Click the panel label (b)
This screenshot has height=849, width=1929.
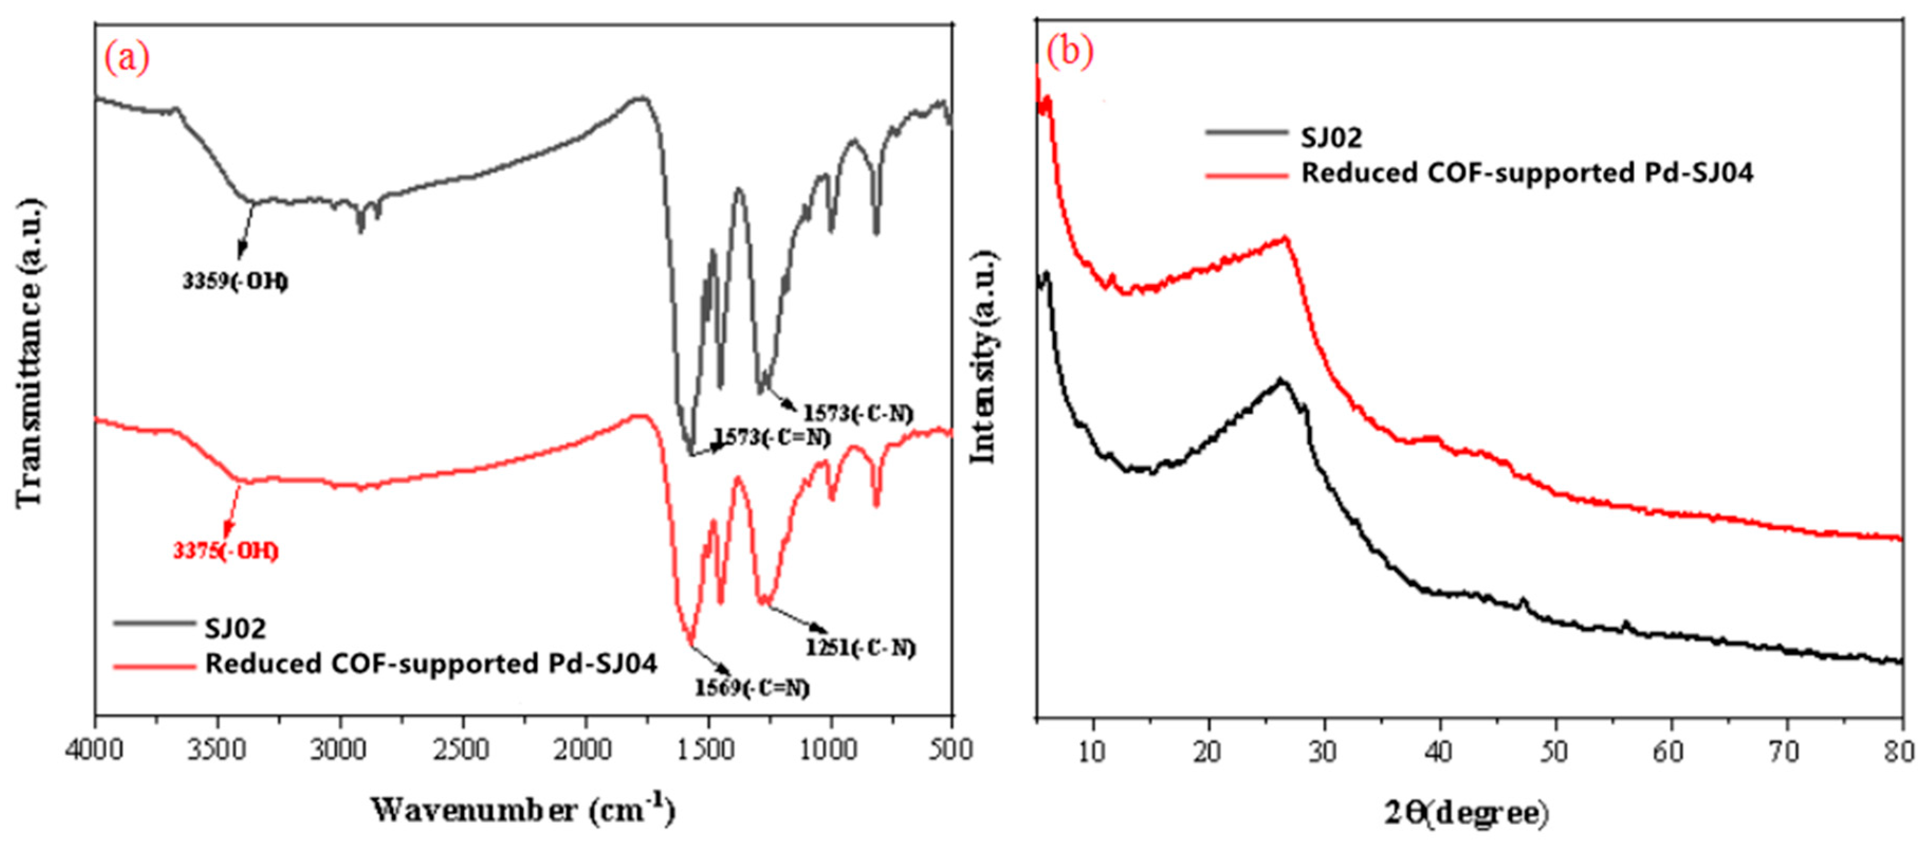coord(1069,52)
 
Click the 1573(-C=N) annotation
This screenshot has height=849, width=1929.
coord(772,437)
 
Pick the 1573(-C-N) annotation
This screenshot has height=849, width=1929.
coord(858,412)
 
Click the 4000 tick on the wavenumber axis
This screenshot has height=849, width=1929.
coord(95,750)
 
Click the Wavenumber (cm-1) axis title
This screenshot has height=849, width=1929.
coord(522,811)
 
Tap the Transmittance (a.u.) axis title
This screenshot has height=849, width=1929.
coord(30,352)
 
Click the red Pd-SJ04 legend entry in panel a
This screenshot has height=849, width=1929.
coord(430,664)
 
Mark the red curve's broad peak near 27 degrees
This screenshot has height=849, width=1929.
coord(1285,239)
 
